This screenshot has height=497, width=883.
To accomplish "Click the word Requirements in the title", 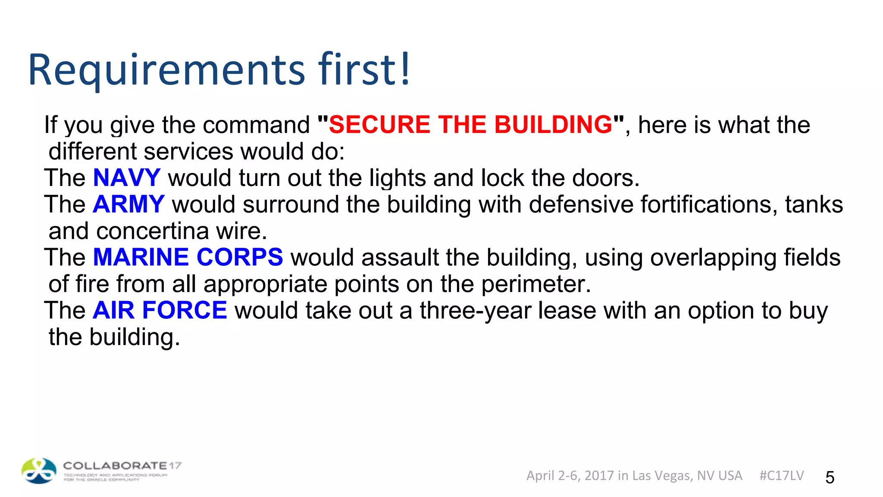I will (166, 70).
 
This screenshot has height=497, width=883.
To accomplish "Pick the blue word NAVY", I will (127, 178).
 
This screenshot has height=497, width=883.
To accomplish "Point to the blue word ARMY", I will (128, 204).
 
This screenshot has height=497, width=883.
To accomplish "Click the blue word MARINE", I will (141, 257).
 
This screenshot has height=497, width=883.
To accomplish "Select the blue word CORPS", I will (240, 257).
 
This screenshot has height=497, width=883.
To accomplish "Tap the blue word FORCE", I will (185, 310).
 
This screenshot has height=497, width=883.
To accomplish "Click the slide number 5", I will (830, 477).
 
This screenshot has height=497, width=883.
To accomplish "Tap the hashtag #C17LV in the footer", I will (781, 475).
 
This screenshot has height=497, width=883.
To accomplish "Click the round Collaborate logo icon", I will (39, 471).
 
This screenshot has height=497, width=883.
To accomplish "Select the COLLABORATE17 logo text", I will (122, 466).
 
